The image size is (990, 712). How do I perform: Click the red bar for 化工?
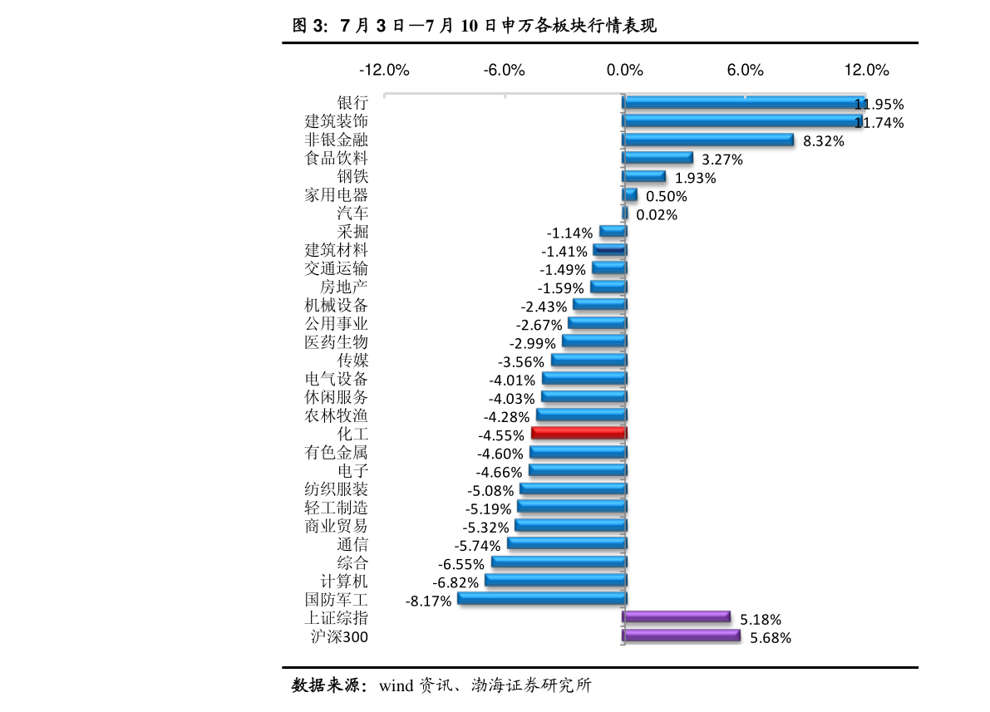[578, 433]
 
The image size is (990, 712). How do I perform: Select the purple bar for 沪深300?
[681, 636]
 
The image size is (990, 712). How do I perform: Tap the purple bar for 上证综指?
[676, 616]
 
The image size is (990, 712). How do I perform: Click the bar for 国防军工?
[541, 598]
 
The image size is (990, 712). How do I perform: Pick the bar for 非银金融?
[708, 140]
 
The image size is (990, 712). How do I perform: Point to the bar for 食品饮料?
[658, 158]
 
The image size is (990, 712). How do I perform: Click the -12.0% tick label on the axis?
[384, 70]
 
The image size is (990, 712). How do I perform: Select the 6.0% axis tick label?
[745, 70]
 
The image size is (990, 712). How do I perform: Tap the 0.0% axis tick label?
[625, 70]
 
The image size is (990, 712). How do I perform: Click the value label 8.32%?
[823, 141]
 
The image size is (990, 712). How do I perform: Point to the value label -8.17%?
[428, 601]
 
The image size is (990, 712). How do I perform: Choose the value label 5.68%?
[771, 638]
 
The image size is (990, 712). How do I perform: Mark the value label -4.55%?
[501, 435]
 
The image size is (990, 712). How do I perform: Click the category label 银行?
[352, 103]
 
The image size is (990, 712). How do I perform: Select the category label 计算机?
[344, 582]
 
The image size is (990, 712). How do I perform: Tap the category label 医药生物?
[336, 342]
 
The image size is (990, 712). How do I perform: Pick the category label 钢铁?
[352, 176]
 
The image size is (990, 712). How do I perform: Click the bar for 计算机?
[555, 580]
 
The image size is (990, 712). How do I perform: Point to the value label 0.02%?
[657, 215]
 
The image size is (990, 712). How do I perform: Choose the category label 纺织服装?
[336, 489]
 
